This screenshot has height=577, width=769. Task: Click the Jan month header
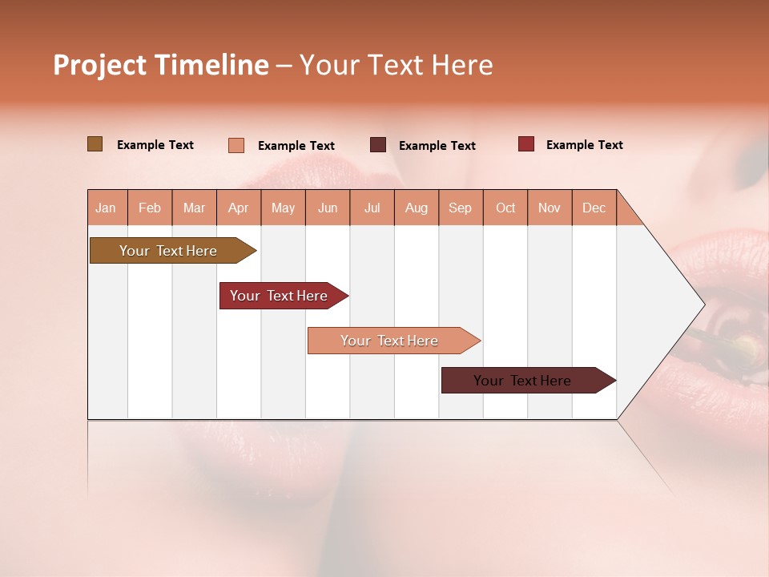point(106,208)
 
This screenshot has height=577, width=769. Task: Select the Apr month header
point(238,208)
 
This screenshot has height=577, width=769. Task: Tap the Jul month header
point(372,208)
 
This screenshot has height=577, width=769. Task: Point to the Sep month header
point(460,208)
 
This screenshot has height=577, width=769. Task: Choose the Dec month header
point(594,208)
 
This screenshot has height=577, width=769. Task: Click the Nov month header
point(549,208)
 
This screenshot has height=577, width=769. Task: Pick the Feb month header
point(150,208)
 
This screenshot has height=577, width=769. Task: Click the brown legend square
point(95,144)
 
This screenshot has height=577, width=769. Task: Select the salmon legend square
point(236,145)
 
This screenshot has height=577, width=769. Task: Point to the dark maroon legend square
point(378,145)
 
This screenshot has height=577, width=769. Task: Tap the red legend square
point(525,144)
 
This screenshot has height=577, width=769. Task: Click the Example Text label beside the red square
point(584,145)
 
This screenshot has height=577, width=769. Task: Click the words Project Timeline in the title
point(161,65)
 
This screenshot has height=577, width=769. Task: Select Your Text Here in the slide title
point(396,65)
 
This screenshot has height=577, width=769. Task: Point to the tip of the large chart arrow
point(703,305)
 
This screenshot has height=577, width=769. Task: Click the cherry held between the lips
point(741,345)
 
